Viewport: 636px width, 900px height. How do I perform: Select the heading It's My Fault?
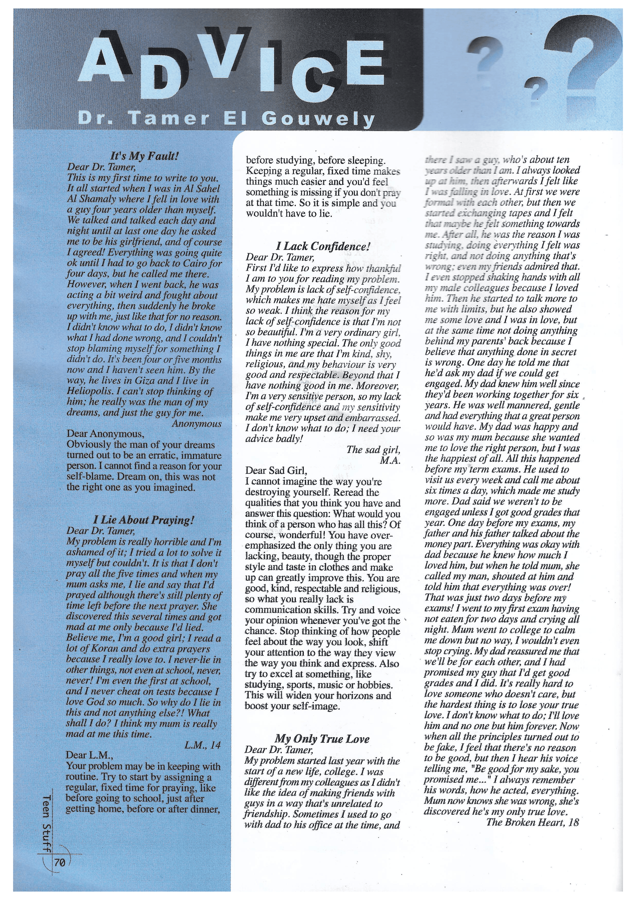144,155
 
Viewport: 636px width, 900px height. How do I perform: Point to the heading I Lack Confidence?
323,246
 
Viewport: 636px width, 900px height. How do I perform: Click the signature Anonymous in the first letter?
196,424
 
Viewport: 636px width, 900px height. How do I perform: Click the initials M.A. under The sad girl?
390,460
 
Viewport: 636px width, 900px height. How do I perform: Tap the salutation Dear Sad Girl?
276,471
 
